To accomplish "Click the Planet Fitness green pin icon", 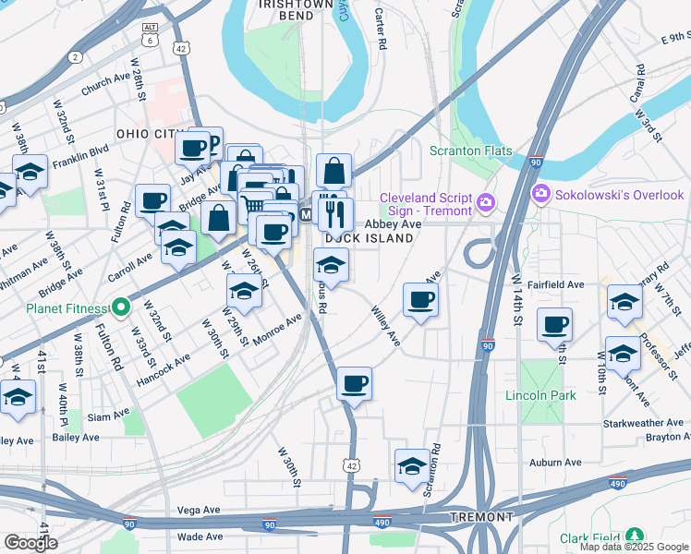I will pyautogui.click(x=120, y=307).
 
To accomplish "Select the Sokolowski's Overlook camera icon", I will pyautogui.click(x=539, y=195).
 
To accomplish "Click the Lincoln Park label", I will pyautogui.click(x=540, y=395).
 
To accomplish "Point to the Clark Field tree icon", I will pyautogui.click(x=635, y=536).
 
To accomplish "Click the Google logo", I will pyautogui.click(x=30, y=542).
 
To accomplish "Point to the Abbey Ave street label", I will pyautogui.click(x=393, y=223).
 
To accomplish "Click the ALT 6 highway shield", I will pyautogui.click(x=150, y=34).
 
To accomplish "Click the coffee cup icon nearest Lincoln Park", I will pyautogui.click(x=554, y=324).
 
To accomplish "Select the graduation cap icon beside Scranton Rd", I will pyautogui.click(x=412, y=466).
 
